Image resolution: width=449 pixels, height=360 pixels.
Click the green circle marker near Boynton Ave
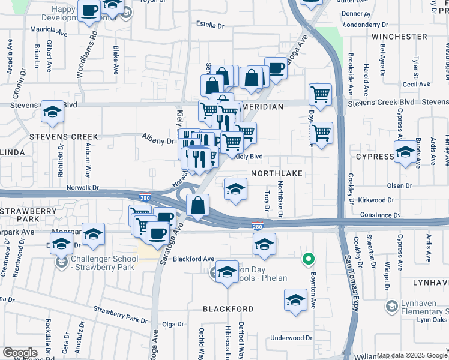click(308, 259)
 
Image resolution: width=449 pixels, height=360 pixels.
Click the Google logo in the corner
click(20, 353)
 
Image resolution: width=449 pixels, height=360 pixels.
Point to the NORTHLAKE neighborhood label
click(274, 172)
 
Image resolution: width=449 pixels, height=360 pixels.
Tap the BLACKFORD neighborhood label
click(228, 308)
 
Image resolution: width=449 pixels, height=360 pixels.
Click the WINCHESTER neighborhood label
click(399, 37)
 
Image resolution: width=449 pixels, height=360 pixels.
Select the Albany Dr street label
click(158, 140)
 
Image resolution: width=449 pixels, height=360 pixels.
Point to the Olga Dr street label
click(172, 324)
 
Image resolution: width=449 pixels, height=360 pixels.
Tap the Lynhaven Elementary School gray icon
click(391, 307)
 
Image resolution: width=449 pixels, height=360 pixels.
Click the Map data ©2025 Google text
click(412, 355)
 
